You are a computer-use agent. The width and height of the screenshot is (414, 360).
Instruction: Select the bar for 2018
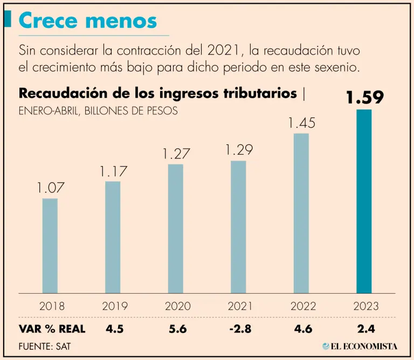tap(50, 246)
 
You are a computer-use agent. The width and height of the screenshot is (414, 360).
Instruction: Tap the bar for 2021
tap(238, 227)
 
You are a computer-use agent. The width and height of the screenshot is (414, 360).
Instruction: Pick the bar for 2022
tap(301, 213)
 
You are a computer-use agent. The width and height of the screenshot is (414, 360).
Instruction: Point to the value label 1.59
tap(364, 98)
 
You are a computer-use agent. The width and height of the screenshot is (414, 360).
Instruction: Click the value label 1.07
tap(50, 188)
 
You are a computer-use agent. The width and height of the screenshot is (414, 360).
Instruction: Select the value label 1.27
tap(176, 154)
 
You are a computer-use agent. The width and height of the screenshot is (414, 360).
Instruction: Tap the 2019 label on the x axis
tap(114, 307)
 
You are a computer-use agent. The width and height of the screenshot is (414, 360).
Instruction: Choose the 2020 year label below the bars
tap(177, 307)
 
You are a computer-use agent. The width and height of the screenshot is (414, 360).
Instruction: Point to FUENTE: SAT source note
tap(44, 346)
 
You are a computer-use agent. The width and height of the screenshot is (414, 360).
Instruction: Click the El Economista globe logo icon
tap(326, 346)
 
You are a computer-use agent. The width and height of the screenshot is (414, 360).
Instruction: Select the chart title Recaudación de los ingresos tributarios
tap(157, 93)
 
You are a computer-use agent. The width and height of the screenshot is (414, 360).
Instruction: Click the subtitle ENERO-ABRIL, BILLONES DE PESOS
tap(99, 110)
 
